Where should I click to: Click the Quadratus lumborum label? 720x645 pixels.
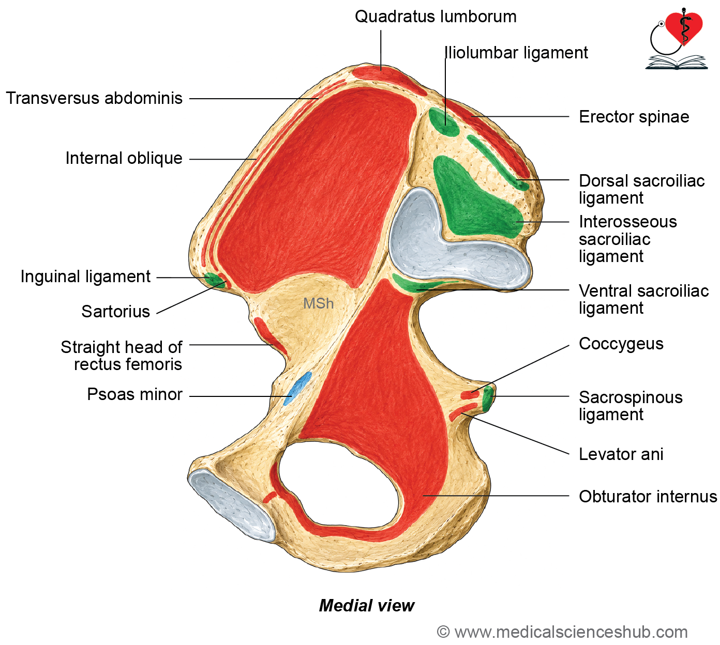[436, 17]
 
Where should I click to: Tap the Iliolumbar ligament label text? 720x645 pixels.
[516, 53]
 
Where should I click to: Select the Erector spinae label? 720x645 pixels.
[634, 117]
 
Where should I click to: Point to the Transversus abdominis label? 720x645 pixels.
[94, 98]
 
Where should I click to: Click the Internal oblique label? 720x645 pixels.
[124, 158]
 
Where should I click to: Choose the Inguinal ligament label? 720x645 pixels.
[85, 277]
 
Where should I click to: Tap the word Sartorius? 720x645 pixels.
[115, 312]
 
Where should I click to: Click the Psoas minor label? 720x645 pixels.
[134, 394]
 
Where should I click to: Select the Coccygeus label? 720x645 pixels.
[621, 344]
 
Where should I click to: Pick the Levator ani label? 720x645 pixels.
[621, 454]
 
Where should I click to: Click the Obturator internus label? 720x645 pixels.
[648, 496]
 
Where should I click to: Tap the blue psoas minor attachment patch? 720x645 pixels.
[297, 388]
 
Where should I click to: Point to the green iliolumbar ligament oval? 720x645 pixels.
[443, 121]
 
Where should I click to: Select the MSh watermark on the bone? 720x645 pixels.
[318, 304]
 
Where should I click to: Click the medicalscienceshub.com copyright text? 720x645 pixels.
[562, 632]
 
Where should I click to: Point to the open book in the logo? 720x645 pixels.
[676, 62]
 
